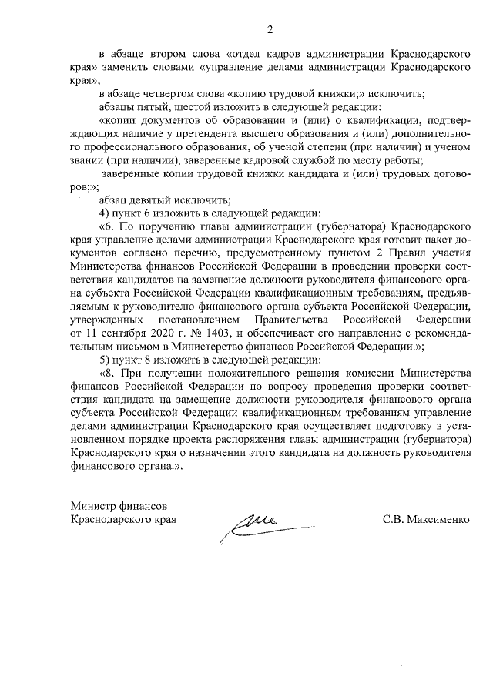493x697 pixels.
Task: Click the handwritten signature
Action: point(251,525)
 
